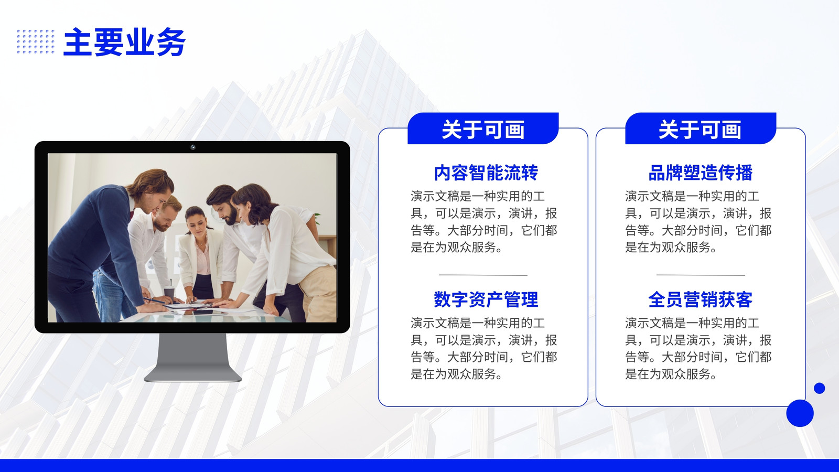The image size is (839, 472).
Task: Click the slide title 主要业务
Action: coord(124,42)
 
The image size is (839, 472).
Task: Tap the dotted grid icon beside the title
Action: coord(36,41)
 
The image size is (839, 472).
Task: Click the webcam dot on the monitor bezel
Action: coord(192,147)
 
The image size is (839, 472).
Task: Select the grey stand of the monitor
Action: coord(192,357)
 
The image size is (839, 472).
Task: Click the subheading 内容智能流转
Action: coord(486,173)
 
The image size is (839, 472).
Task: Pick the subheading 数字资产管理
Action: coord(486,299)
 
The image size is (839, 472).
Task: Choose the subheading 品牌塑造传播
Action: coord(701,173)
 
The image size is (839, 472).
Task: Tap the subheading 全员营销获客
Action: coord(701,299)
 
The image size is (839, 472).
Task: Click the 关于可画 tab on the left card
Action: coord(483,128)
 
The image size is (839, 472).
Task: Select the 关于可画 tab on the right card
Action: coord(701,128)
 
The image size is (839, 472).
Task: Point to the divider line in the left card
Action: coord(483,275)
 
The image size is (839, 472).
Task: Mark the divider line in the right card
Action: coord(701,275)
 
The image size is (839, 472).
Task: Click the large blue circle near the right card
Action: coord(800,413)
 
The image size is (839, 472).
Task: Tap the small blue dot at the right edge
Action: coord(820,388)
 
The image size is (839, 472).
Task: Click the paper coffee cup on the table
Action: coord(169,294)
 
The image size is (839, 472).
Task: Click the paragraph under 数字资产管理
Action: coord(483,348)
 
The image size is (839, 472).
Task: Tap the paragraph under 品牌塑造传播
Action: coord(698,222)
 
